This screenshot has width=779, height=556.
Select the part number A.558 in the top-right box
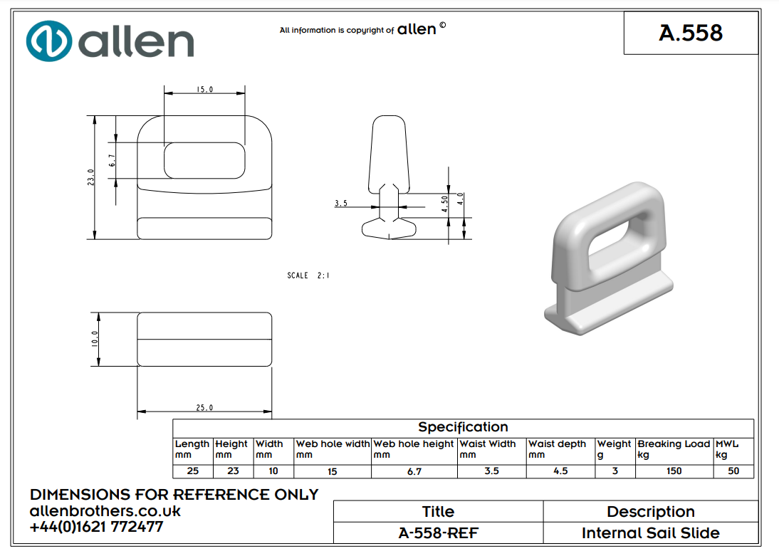(691, 33)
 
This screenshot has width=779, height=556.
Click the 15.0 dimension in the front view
(204, 90)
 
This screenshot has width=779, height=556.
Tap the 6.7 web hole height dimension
(112, 161)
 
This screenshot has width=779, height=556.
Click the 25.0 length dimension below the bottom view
(204, 408)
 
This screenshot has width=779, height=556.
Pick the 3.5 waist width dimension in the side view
(341, 204)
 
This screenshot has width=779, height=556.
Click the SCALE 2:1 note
(308, 276)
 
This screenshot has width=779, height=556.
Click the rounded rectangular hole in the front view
(204, 160)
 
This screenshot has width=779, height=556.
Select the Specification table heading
(463, 427)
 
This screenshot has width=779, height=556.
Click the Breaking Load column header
(674, 444)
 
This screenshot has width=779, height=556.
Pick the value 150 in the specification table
(674, 471)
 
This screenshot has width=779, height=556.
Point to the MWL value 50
(733, 471)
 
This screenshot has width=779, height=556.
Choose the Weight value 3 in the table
(615, 471)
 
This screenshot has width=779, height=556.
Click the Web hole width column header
(333, 444)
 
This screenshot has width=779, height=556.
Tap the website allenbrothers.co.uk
(105, 511)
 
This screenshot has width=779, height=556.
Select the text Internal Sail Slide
(650, 533)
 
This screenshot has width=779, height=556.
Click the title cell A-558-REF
(438, 533)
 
